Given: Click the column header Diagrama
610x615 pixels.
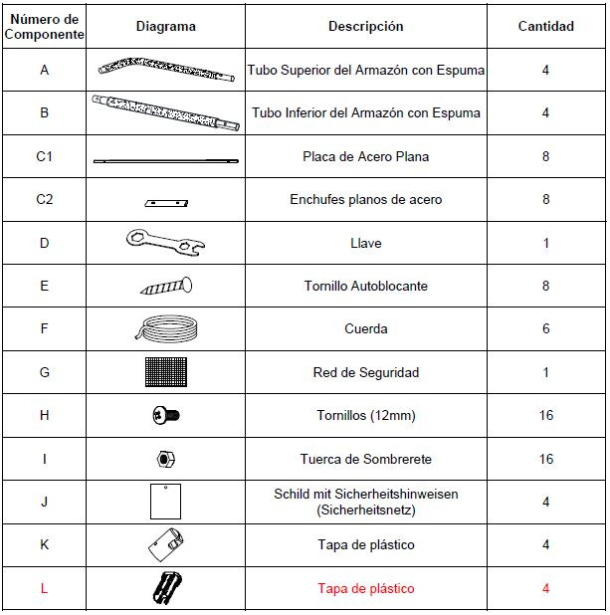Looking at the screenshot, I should coord(165,27).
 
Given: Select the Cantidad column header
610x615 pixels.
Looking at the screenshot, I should coord(545,27).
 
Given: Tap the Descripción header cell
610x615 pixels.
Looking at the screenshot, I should coord(366,27).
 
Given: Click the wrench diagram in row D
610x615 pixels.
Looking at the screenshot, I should coord(165,242).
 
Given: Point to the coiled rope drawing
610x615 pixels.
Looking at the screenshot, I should coord(165,328).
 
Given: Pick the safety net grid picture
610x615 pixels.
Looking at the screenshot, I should coord(165,372).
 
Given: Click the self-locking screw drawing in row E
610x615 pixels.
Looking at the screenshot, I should coord(165,287).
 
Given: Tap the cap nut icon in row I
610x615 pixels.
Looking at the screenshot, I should coord(165,459).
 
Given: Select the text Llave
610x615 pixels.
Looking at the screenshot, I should coord(366,243).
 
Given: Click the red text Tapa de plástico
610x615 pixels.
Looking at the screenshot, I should coord(366,588).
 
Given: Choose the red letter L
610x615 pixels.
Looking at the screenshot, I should coord(44,588).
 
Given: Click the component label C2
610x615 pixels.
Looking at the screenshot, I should coord(44,199).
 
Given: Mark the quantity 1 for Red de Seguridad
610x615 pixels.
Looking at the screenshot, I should coord(545,372).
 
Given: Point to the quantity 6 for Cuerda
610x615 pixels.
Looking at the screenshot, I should coord(545,328).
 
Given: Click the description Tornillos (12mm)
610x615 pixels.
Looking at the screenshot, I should coord(366,415).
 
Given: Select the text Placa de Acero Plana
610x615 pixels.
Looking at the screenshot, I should coord(366,156).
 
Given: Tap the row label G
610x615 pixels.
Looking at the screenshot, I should coord(44,372).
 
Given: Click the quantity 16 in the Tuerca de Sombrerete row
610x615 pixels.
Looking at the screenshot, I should coord(545,459).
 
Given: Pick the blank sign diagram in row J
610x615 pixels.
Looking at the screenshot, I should coord(165,501).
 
